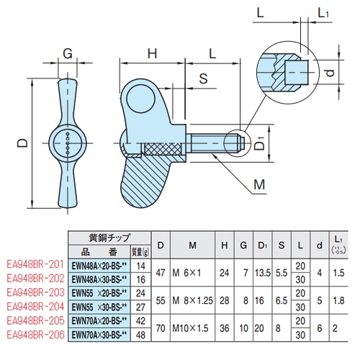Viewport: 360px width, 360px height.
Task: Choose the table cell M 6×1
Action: point(189,271)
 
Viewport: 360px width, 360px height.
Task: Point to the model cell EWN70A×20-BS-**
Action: point(99,322)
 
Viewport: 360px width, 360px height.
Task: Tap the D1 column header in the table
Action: point(262,248)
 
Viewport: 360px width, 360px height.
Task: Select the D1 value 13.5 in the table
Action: point(262,271)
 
